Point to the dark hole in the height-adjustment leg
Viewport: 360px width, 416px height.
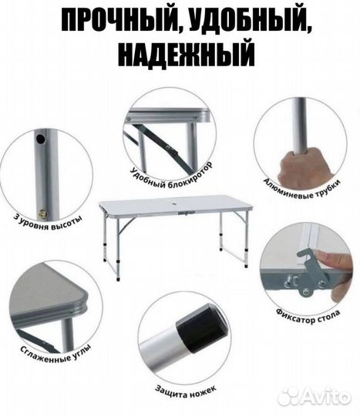40,141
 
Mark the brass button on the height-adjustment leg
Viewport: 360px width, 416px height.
44,213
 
